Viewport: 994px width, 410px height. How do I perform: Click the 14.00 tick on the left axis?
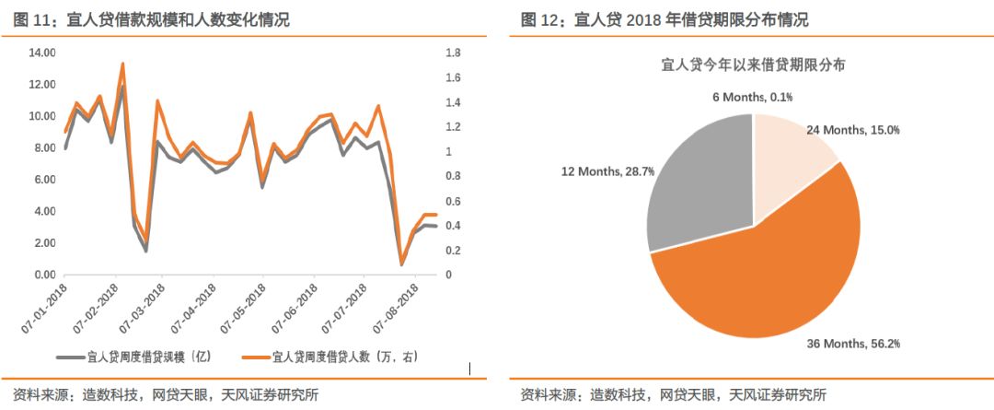42,53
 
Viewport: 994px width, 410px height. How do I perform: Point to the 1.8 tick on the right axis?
453,53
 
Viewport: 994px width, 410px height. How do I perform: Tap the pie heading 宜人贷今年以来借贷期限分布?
754,64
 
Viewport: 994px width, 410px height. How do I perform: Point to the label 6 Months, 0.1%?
753,96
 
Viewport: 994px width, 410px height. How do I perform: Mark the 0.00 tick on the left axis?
44,275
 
